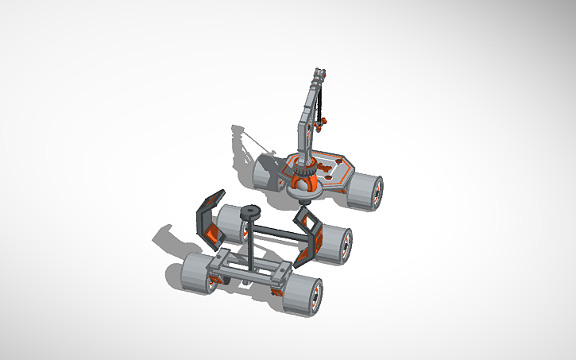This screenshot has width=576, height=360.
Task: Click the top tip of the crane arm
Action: coord(319,74)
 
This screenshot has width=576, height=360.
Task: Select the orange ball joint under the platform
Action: coord(303,185)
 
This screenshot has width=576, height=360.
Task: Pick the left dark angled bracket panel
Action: coord(209,217)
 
